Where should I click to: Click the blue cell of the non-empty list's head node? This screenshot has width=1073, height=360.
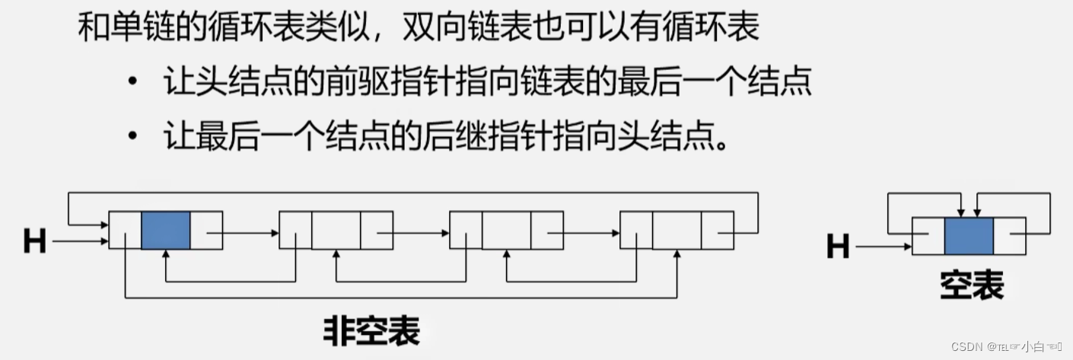point(165,230)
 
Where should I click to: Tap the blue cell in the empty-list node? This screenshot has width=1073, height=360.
point(969,236)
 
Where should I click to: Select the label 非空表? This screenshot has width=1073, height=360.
point(371,331)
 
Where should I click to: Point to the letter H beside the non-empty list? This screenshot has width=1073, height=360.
point(34,242)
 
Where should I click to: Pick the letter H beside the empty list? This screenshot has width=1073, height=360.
point(837,247)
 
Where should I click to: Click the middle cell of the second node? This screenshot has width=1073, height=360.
point(336,230)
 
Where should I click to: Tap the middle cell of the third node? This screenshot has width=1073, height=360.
point(506,230)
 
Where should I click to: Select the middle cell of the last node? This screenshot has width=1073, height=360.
point(677,230)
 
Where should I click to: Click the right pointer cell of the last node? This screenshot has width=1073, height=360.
point(718,230)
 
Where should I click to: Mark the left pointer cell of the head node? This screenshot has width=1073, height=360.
point(125,230)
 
